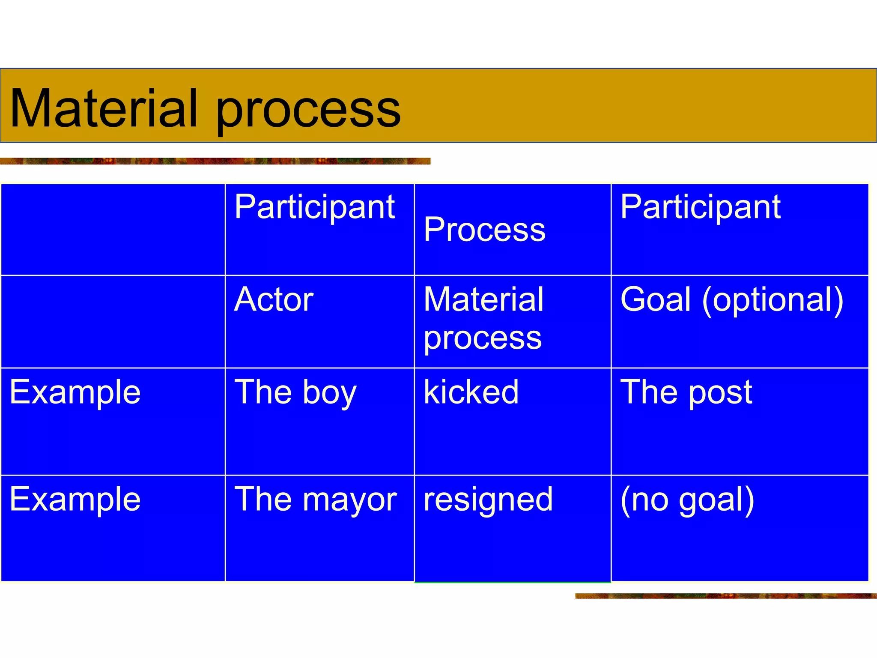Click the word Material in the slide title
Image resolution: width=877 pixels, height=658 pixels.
point(104,108)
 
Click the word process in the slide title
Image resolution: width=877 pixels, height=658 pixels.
point(308,111)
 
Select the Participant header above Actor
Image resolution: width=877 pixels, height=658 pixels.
point(314,207)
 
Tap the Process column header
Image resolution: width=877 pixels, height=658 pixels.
point(484,230)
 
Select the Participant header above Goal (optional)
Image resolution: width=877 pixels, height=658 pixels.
point(700,207)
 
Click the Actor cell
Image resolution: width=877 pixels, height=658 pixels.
point(274,299)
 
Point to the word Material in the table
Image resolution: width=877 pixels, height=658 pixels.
point(483,299)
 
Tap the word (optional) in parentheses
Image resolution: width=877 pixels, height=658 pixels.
point(773,300)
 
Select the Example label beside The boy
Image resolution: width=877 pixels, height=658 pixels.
point(75,392)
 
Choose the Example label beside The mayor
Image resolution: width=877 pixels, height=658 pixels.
point(75,499)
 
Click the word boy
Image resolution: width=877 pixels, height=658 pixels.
point(329,393)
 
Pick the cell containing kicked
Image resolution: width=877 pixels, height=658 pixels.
point(471,392)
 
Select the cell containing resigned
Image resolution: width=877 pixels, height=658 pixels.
point(488,499)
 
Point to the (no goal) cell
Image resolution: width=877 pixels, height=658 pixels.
point(687,500)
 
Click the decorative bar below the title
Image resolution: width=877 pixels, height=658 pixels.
point(215,161)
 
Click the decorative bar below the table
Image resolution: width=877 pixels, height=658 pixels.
point(725,596)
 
